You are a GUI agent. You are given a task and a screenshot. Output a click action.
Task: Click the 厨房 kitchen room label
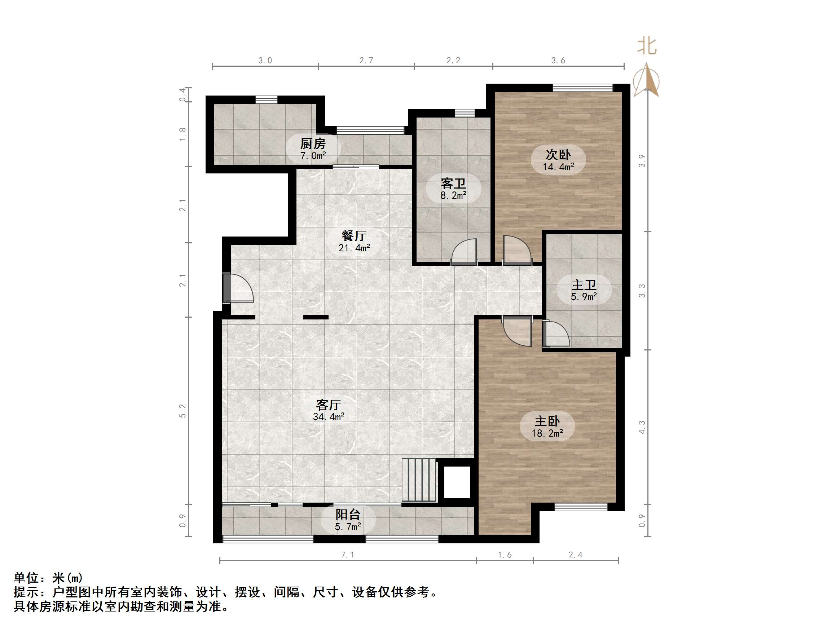pos(313,149)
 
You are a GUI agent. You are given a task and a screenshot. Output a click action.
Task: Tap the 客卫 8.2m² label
pos(453,189)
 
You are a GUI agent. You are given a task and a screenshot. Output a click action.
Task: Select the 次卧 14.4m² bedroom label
pos(558,160)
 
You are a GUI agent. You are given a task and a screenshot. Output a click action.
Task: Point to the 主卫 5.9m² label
pos(584,290)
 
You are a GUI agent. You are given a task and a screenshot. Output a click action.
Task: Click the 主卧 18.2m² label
pos(547,426)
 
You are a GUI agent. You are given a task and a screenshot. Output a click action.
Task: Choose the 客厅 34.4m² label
pos(329,410)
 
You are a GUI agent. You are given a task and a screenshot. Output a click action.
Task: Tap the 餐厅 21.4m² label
pos(354,241)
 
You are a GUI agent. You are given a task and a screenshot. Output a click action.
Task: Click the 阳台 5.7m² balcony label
pos(348,520)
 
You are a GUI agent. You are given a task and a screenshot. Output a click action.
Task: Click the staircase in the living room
pos(419,480)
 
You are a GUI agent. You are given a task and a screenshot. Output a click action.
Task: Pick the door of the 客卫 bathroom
pos(464,252)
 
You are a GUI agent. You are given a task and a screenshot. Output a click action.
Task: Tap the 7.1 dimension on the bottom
pos(347,555)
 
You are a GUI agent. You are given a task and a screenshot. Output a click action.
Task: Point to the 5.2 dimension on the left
pos(182,411)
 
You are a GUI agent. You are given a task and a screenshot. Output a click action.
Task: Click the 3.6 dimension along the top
pos(558,61)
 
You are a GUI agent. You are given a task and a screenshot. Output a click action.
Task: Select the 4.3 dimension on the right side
pos(642,427)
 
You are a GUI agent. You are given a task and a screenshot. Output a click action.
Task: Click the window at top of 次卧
pos(582,88)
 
